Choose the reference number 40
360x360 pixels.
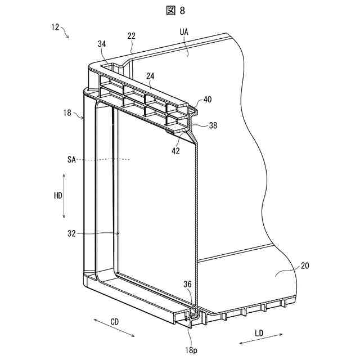click(208, 100)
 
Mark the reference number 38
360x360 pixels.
click(213, 126)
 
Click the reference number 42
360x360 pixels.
click(177, 150)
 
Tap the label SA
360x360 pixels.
click(71, 160)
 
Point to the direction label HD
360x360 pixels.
click(57, 196)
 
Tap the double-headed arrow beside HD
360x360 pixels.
click(65, 196)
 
